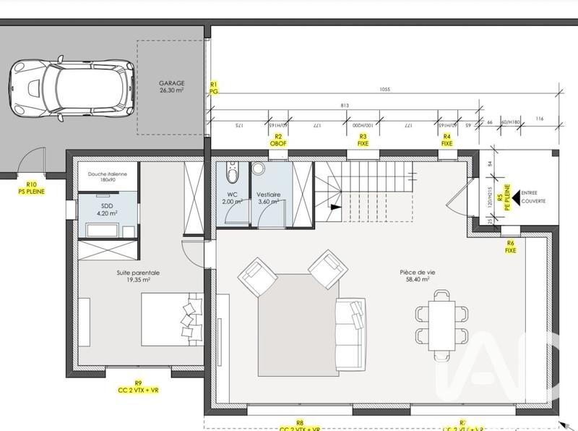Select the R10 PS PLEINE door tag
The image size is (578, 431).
31,189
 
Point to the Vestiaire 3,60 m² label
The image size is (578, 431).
269,198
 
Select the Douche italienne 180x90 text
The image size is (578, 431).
107,177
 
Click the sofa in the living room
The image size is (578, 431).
350,332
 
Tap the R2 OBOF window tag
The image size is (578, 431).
278,140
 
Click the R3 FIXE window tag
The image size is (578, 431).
363,140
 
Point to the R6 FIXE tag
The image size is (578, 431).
511,246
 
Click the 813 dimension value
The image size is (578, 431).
344,106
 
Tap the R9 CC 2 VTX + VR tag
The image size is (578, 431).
138,386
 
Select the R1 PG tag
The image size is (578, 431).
213,88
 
